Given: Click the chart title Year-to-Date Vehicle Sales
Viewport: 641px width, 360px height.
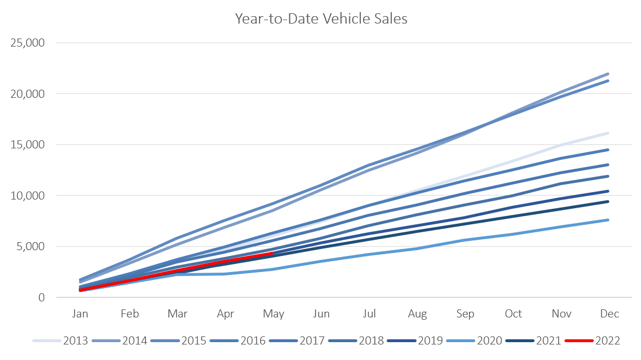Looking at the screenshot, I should click(320, 19).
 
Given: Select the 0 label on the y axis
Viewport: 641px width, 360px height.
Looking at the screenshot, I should click(42, 298).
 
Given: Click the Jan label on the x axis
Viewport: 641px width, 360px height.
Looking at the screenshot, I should click(81, 314).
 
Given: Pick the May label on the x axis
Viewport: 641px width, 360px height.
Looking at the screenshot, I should click(273, 314).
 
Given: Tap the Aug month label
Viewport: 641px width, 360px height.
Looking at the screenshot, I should click(417, 314).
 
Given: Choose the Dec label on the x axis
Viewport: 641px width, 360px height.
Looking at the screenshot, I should click(609, 314).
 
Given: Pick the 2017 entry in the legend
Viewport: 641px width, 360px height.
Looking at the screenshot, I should click(311, 341).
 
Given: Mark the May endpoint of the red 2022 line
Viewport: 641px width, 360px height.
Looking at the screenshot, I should click(273, 253).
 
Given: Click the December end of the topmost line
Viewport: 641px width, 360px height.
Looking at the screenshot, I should click(609, 74).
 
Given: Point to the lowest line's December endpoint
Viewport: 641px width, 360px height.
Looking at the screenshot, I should click(609, 220).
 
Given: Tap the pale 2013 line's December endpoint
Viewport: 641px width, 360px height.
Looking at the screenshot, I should click(609, 133).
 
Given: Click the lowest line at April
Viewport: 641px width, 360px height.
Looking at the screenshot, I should click(224, 274).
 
